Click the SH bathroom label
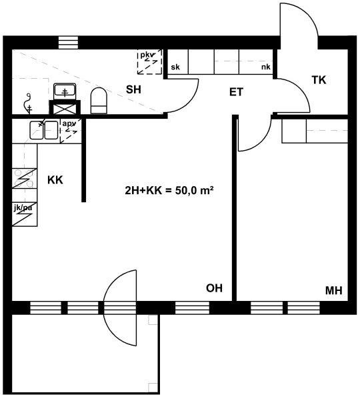click(133, 89)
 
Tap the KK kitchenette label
click(55, 180)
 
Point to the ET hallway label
click(236, 92)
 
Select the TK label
click(319, 80)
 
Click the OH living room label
click(214, 288)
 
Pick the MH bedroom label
click(334, 291)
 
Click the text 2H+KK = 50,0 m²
click(169, 190)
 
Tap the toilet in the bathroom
click(99, 101)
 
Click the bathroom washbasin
click(65, 91)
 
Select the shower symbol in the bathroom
click(28, 103)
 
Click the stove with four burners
click(25, 179)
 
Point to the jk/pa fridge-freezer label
click(23, 208)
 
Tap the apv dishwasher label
click(69, 124)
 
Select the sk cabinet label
click(175, 67)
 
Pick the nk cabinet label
click(266, 67)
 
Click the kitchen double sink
click(44, 130)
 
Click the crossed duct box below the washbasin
click(65, 108)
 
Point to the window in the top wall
click(68, 43)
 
